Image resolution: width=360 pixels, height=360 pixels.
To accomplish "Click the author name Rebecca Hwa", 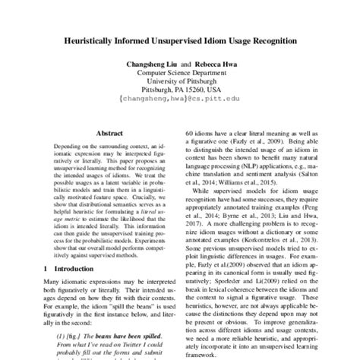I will click(215, 65).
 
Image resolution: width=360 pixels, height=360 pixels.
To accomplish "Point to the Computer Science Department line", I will click(181, 75).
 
